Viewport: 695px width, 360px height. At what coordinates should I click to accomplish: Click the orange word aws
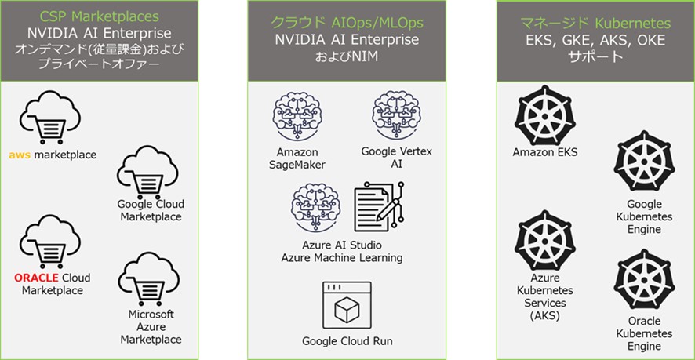pos(19,155)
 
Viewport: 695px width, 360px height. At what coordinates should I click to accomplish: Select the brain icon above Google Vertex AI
pos(396,116)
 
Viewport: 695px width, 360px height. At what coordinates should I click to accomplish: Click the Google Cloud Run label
pos(347,341)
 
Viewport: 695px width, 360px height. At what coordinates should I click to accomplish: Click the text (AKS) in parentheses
pos(544,316)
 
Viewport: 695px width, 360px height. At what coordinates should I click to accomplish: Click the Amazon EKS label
pos(544,152)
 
